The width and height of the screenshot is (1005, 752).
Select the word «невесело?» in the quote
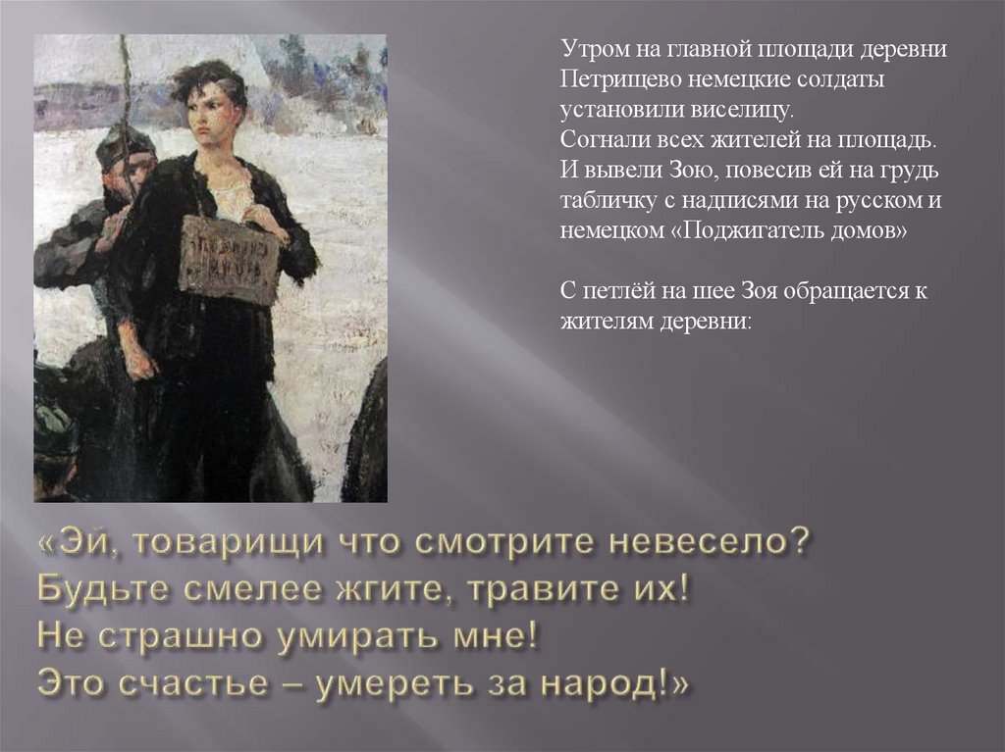[711, 545]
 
